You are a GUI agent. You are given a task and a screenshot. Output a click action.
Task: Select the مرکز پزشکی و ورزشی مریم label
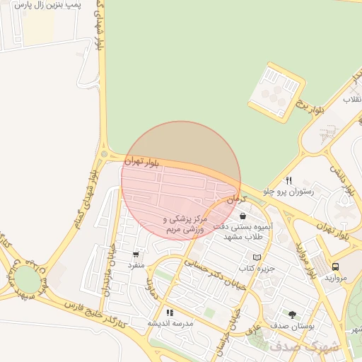[187, 225]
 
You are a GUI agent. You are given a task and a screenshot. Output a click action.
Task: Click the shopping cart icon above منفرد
[136, 254]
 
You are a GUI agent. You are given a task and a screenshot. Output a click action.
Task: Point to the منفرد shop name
[136, 264]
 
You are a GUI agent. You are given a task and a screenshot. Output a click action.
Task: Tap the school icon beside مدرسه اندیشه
[170, 312]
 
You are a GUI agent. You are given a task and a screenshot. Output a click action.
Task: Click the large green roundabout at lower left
[25, 278]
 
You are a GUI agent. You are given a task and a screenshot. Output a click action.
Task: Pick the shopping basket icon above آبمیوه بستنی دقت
[243, 216]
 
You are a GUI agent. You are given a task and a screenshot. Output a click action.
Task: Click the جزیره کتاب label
[256, 269]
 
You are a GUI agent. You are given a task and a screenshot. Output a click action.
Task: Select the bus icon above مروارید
[335, 267]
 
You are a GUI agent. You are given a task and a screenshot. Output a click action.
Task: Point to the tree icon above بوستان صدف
[292, 313]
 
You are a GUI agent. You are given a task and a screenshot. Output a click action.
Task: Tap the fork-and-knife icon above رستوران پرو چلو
[288, 180]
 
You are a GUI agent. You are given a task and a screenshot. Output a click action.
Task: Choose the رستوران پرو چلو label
[288, 192]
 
